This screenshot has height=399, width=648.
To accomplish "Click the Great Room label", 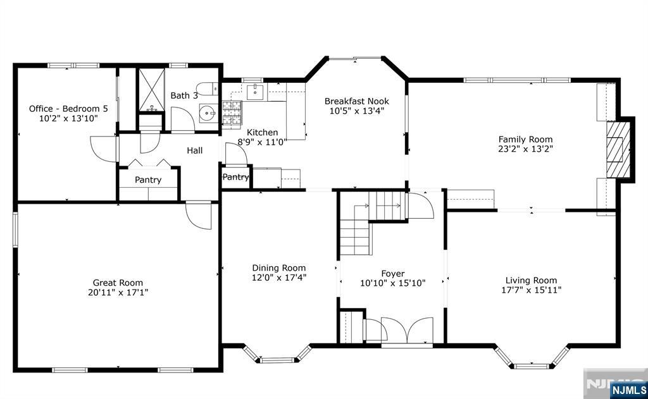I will (x=118, y=283).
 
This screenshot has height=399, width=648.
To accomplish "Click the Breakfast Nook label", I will (x=356, y=101).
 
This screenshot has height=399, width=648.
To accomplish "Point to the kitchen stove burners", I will (x=232, y=114).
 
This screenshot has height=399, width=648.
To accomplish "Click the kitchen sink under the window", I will (x=254, y=93).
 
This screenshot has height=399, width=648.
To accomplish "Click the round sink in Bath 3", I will (x=207, y=114).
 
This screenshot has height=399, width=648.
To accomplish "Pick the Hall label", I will (x=194, y=150).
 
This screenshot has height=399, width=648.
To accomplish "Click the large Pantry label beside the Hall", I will (x=148, y=180).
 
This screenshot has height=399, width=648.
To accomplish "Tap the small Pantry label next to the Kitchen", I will (x=235, y=177).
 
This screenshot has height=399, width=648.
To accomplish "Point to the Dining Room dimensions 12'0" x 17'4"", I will (x=279, y=277).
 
